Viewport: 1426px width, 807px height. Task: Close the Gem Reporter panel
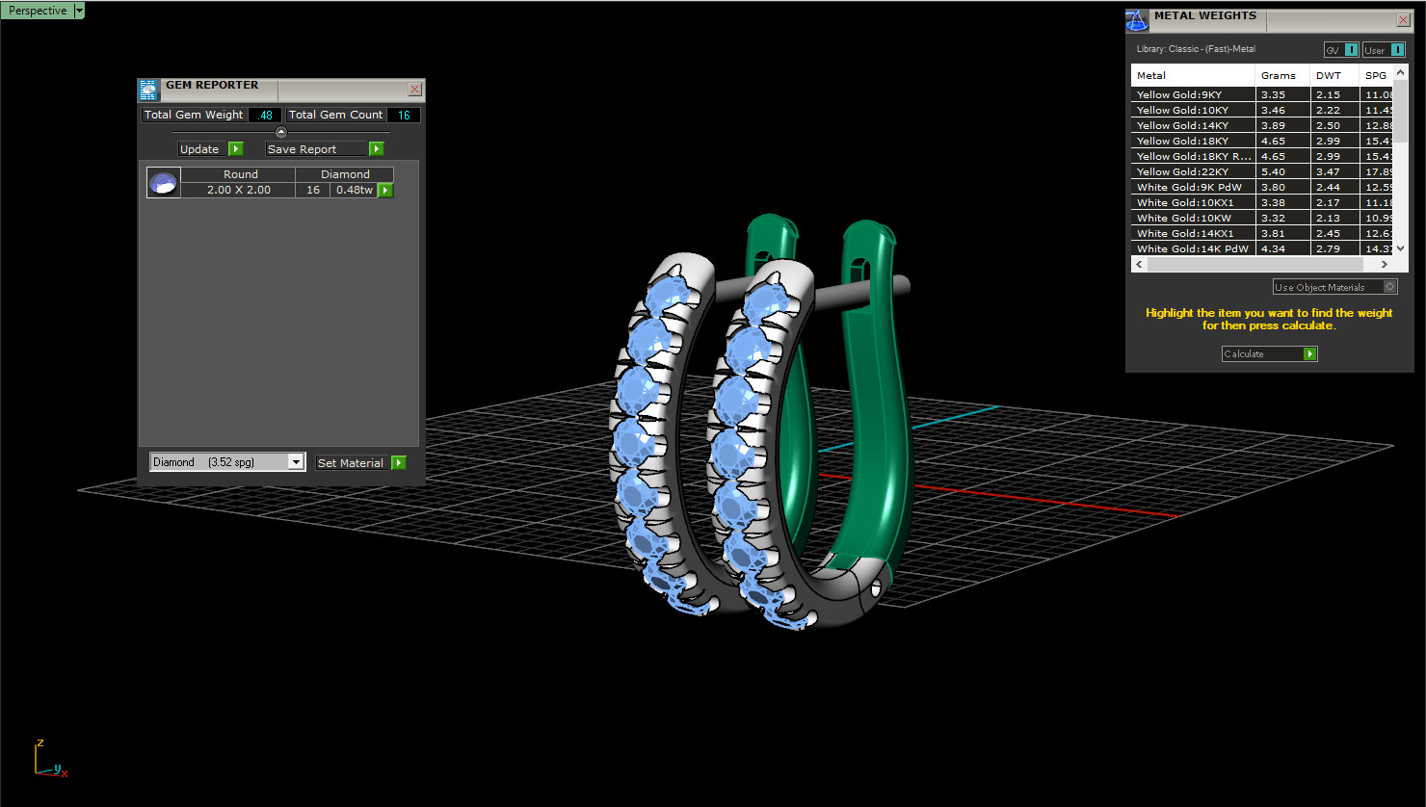click(414, 89)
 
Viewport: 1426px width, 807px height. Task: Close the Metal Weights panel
click(1403, 19)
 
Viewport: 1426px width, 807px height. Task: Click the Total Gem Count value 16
click(404, 115)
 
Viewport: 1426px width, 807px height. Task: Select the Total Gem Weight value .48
click(265, 115)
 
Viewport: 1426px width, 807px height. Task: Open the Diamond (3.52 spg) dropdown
click(296, 462)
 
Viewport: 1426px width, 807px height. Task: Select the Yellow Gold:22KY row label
click(1182, 171)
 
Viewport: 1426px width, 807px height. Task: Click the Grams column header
click(1278, 75)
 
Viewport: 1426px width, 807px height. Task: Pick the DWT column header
click(1328, 75)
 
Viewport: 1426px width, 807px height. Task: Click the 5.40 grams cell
click(1273, 171)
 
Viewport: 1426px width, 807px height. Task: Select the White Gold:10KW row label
click(1183, 218)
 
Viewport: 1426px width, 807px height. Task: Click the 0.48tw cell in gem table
click(354, 190)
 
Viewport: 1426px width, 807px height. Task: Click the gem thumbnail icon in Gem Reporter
click(163, 182)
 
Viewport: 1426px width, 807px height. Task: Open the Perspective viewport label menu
click(79, 11)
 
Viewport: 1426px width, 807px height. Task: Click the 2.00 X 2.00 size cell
click(238, 190)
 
